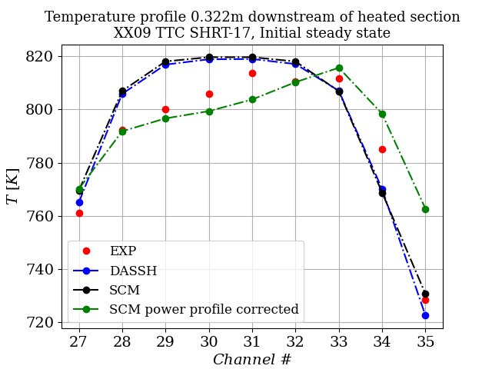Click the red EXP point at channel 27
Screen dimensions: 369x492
[79, 213]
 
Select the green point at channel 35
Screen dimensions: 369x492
[425, 209]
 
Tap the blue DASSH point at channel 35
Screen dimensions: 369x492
[425, 315]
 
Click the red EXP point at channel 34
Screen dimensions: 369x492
[382, 149]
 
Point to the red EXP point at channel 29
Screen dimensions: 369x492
[165, 109]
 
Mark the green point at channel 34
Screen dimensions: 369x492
[382, 114]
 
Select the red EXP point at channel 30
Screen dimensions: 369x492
[209, 94]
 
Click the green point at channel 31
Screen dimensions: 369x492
[252, 99]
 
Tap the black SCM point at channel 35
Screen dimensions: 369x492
[425, 294]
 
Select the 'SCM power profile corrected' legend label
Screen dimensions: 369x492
[204, 309]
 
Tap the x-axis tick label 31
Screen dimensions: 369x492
[252, 341]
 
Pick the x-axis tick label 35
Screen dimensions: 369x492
[425, 341]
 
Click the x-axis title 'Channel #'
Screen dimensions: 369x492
[252, 359]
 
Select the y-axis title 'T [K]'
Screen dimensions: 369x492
[13, 188]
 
